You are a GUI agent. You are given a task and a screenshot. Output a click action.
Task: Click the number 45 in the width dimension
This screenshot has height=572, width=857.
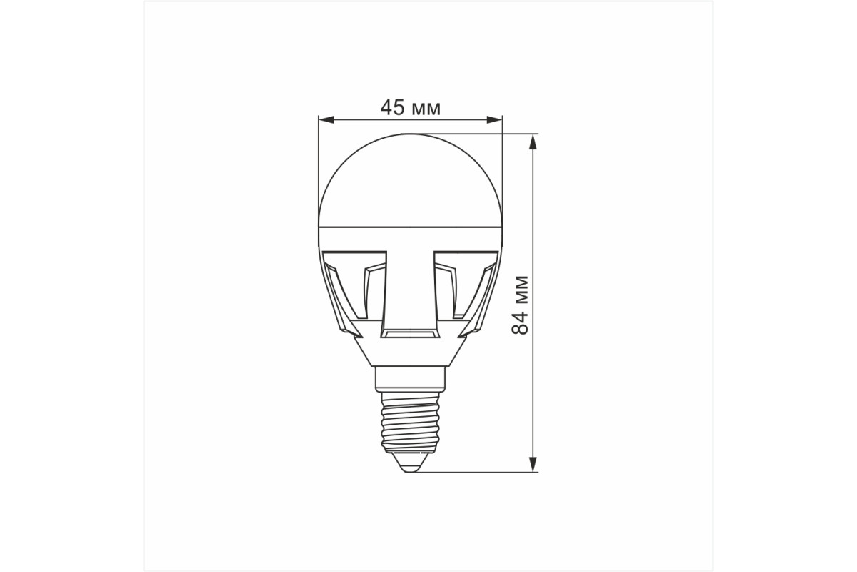[x=392, y=107]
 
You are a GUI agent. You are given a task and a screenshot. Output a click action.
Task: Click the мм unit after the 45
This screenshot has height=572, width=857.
[x=426, y=109]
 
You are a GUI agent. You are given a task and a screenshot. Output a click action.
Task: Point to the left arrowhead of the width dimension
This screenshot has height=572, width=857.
[x=326, y=120]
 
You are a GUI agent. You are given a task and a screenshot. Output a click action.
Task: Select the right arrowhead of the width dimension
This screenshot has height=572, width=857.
[x=494, y=120]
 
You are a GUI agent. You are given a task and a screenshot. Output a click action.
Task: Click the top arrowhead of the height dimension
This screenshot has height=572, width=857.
[x=533, y=142]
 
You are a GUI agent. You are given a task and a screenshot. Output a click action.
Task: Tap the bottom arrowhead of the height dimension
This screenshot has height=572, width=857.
[x=533, y=464]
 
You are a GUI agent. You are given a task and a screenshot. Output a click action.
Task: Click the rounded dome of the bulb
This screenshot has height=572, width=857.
[x=410, y=180]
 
